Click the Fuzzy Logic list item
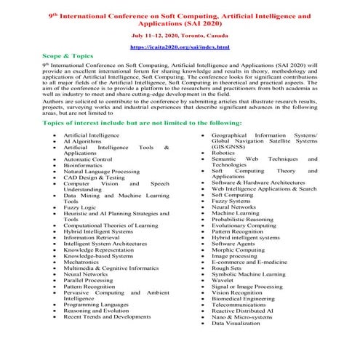click(80, 207)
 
